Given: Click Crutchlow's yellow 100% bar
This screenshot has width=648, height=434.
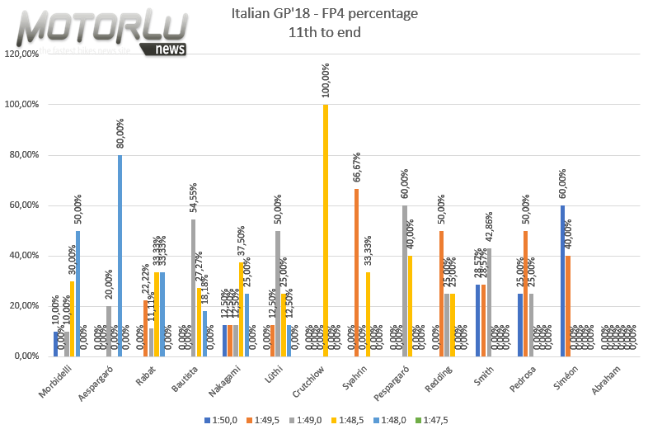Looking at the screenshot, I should point(326,231).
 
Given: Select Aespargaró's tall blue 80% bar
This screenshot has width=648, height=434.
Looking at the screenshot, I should point(120,256).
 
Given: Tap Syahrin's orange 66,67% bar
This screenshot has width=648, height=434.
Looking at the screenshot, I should point(356,272).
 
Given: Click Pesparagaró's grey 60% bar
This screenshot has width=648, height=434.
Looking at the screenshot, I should point(405,281).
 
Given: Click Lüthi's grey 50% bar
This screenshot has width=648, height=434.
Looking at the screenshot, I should point(278,293).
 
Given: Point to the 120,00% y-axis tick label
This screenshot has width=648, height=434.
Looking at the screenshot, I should point(22,54).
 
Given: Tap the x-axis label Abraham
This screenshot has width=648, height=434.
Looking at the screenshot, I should point(617,379).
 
